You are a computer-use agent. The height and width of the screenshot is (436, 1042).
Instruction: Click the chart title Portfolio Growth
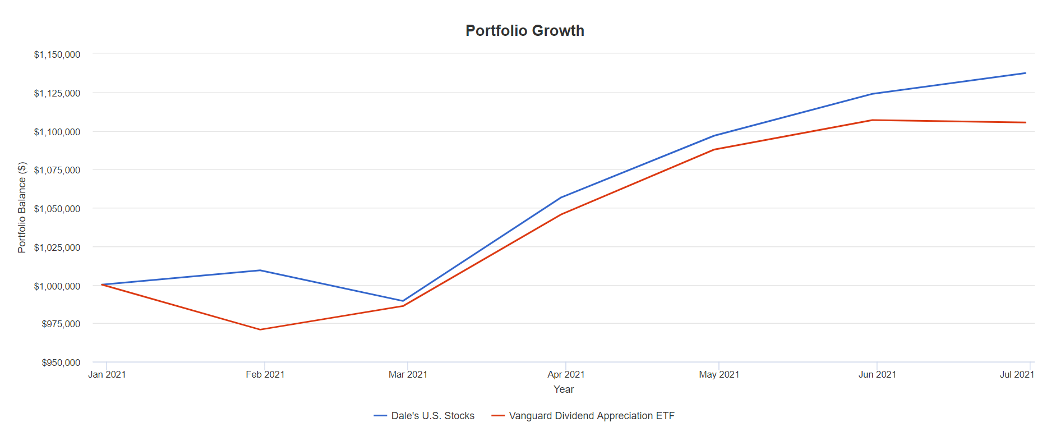click(x=525, y=31)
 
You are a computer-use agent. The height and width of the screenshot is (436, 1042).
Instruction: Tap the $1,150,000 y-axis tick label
click(x=57, y=54)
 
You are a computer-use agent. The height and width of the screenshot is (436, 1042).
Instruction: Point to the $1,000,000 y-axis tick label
click(x=57, y=286)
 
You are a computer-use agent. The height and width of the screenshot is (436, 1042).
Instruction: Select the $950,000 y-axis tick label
click(x=61, y=362)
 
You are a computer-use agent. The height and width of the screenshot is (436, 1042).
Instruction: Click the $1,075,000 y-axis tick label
click(x=57, y=170)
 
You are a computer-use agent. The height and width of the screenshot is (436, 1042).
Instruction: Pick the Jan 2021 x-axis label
click(x=107, y=374)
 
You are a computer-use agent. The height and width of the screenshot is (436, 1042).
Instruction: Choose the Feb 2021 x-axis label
click(x=265, y=374)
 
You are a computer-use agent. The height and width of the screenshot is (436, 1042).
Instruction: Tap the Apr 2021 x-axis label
click(x=566, y=374)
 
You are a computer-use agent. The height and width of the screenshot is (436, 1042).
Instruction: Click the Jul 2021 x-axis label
click(x=1017, y=374)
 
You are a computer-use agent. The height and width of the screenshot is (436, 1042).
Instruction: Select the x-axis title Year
click(x=564, y=389)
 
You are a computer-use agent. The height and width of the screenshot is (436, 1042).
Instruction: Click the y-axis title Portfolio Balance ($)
click(x=22, y=208)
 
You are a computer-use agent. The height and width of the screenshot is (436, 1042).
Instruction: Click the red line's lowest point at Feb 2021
click(x=260, y=329)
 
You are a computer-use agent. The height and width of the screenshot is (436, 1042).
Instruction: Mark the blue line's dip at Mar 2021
click(x=403, y=301)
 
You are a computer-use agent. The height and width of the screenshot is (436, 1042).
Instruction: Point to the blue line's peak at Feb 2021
click(x=260, y=270)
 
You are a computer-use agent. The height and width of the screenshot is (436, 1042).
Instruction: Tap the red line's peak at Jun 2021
click(x=873, y=120)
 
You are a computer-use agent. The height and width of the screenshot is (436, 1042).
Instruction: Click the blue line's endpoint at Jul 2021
click(x=1025, y=73)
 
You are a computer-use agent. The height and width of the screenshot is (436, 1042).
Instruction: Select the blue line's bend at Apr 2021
click(x=561, y=198)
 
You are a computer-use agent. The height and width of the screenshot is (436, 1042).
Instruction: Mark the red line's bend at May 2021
click(x=714, y=149)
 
